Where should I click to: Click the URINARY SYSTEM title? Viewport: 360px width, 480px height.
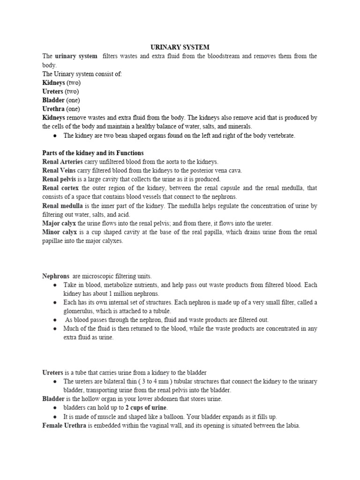coord(180,47)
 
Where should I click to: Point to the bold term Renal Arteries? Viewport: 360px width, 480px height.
coord(63,162)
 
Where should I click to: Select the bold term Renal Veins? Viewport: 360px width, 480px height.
coord(59,171)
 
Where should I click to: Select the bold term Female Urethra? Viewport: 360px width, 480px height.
coord(64,426)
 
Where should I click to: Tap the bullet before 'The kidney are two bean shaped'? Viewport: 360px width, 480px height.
coord(55,136)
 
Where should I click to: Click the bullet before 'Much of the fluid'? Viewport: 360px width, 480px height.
coord(55,329)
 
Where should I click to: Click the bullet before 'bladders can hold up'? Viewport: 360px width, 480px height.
coord(55,408)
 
